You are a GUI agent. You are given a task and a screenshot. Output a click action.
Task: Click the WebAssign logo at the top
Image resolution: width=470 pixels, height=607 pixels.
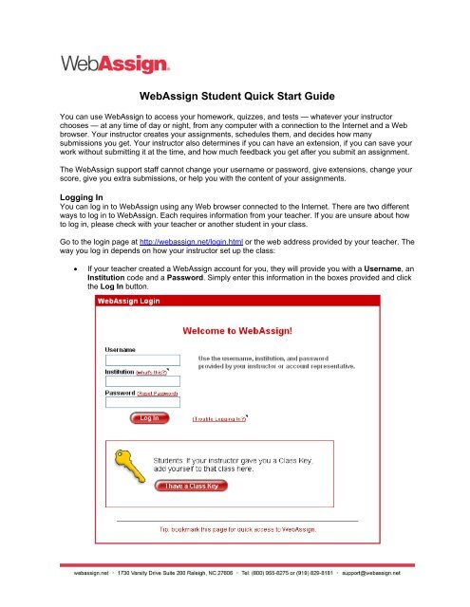tap(116, 64)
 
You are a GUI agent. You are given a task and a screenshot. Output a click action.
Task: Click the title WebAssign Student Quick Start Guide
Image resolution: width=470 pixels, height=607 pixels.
tap(235, 96)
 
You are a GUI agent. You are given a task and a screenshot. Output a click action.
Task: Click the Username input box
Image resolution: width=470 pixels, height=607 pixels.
tap(141, 360)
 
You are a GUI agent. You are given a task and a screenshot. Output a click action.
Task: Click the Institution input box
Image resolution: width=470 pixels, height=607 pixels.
tap(141, 381)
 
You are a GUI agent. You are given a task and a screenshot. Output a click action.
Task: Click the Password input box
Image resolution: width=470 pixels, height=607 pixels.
tap(141, 402)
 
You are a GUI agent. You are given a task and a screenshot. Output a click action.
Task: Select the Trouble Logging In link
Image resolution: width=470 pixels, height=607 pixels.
tap(220, 418)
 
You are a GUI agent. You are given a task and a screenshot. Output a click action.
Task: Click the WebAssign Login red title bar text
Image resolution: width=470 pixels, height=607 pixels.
tap(137, 302)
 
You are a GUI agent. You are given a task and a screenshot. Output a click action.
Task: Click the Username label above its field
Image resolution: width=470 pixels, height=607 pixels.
tap(120, 350)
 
